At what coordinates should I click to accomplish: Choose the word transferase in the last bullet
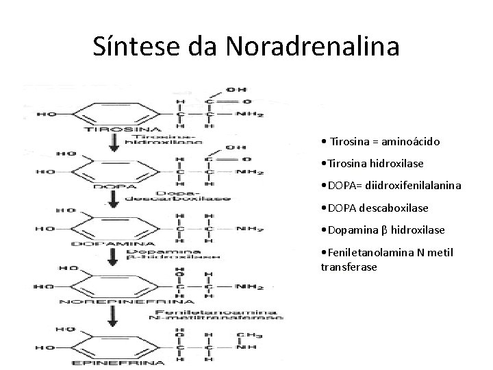pyautogui.click(x=349, y=266)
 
